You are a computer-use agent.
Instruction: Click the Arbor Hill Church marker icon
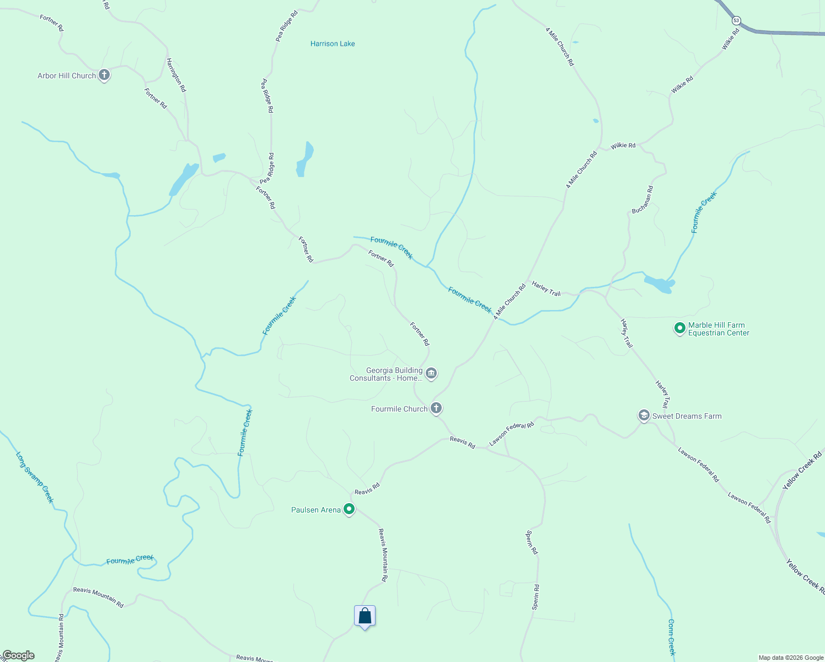click(104, 75)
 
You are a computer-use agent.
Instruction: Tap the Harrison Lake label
click(333, 44)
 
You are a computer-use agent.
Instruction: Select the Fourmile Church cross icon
click(436, 408)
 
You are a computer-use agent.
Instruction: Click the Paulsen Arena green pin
click(349, 509)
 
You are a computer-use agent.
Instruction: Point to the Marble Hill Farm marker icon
click(680, 328)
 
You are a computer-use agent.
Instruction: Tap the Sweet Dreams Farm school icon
click(644, 415)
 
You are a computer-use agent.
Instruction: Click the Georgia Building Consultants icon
click(432, 373)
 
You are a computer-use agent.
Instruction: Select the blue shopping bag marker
click(365, 616)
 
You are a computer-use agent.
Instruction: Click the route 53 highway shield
click(736, 20)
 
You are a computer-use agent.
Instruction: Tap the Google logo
click(18, 655)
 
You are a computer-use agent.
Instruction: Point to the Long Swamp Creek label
click(35, 478)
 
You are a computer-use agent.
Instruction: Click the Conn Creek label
click(671, 637)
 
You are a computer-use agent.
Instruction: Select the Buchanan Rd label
click(642, 200)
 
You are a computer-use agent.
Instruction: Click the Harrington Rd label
click(176, 75)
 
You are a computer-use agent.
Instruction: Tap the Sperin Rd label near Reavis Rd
click(532, 542)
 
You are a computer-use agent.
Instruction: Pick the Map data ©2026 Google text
click(791, 658)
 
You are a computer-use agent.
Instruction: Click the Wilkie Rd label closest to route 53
click(731, 39)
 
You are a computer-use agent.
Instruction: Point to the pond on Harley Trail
click(659, 285)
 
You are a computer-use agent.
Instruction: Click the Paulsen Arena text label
click(316, 510)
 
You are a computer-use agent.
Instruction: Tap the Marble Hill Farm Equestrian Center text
click(719, 329)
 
